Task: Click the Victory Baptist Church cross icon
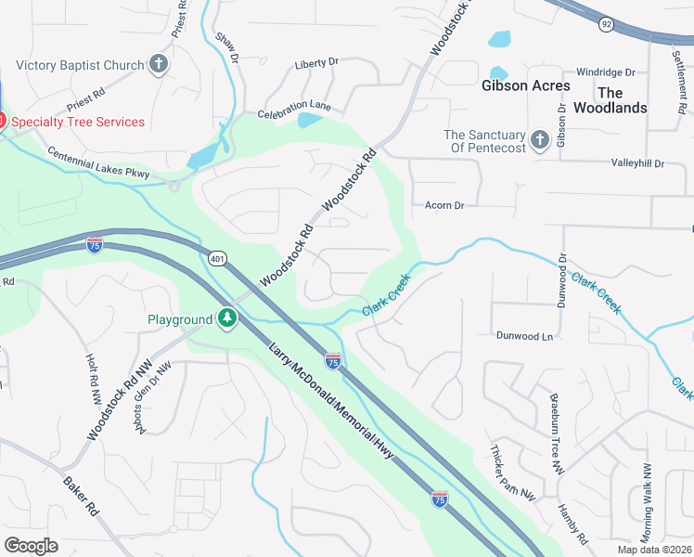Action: tap(159, 65)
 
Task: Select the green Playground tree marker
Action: tap(227, 319)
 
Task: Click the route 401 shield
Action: tap(217, 259)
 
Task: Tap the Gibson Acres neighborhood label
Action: tap(520, 85)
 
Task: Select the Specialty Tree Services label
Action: tap(78, 122)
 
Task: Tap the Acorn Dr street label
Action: tap(443, 205)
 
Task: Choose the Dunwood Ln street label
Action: tap(524, 336)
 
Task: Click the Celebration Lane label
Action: tap(294, 110)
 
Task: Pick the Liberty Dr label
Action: tap(316, 63)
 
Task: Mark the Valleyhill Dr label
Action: tap(638, 163)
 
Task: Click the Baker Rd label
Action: tap(81, 496)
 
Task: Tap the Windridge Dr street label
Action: tap(605, 71)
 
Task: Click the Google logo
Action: tap(32, 546)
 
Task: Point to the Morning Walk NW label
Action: tap(647, 501)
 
